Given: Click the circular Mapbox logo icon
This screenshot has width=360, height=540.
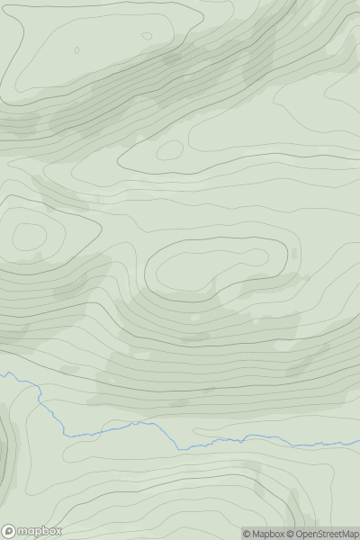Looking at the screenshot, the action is tap(9, 531).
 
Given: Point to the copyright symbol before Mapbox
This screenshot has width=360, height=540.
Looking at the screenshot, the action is tap(247, 534).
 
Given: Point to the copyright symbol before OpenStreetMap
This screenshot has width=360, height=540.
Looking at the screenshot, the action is tap(291, 534).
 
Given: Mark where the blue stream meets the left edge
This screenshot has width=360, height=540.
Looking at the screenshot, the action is tap(1, 372).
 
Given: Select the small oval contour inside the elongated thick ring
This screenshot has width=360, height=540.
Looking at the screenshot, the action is tap(170, 150).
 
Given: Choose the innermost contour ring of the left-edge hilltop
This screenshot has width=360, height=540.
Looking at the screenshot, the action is tap(29, 237).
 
